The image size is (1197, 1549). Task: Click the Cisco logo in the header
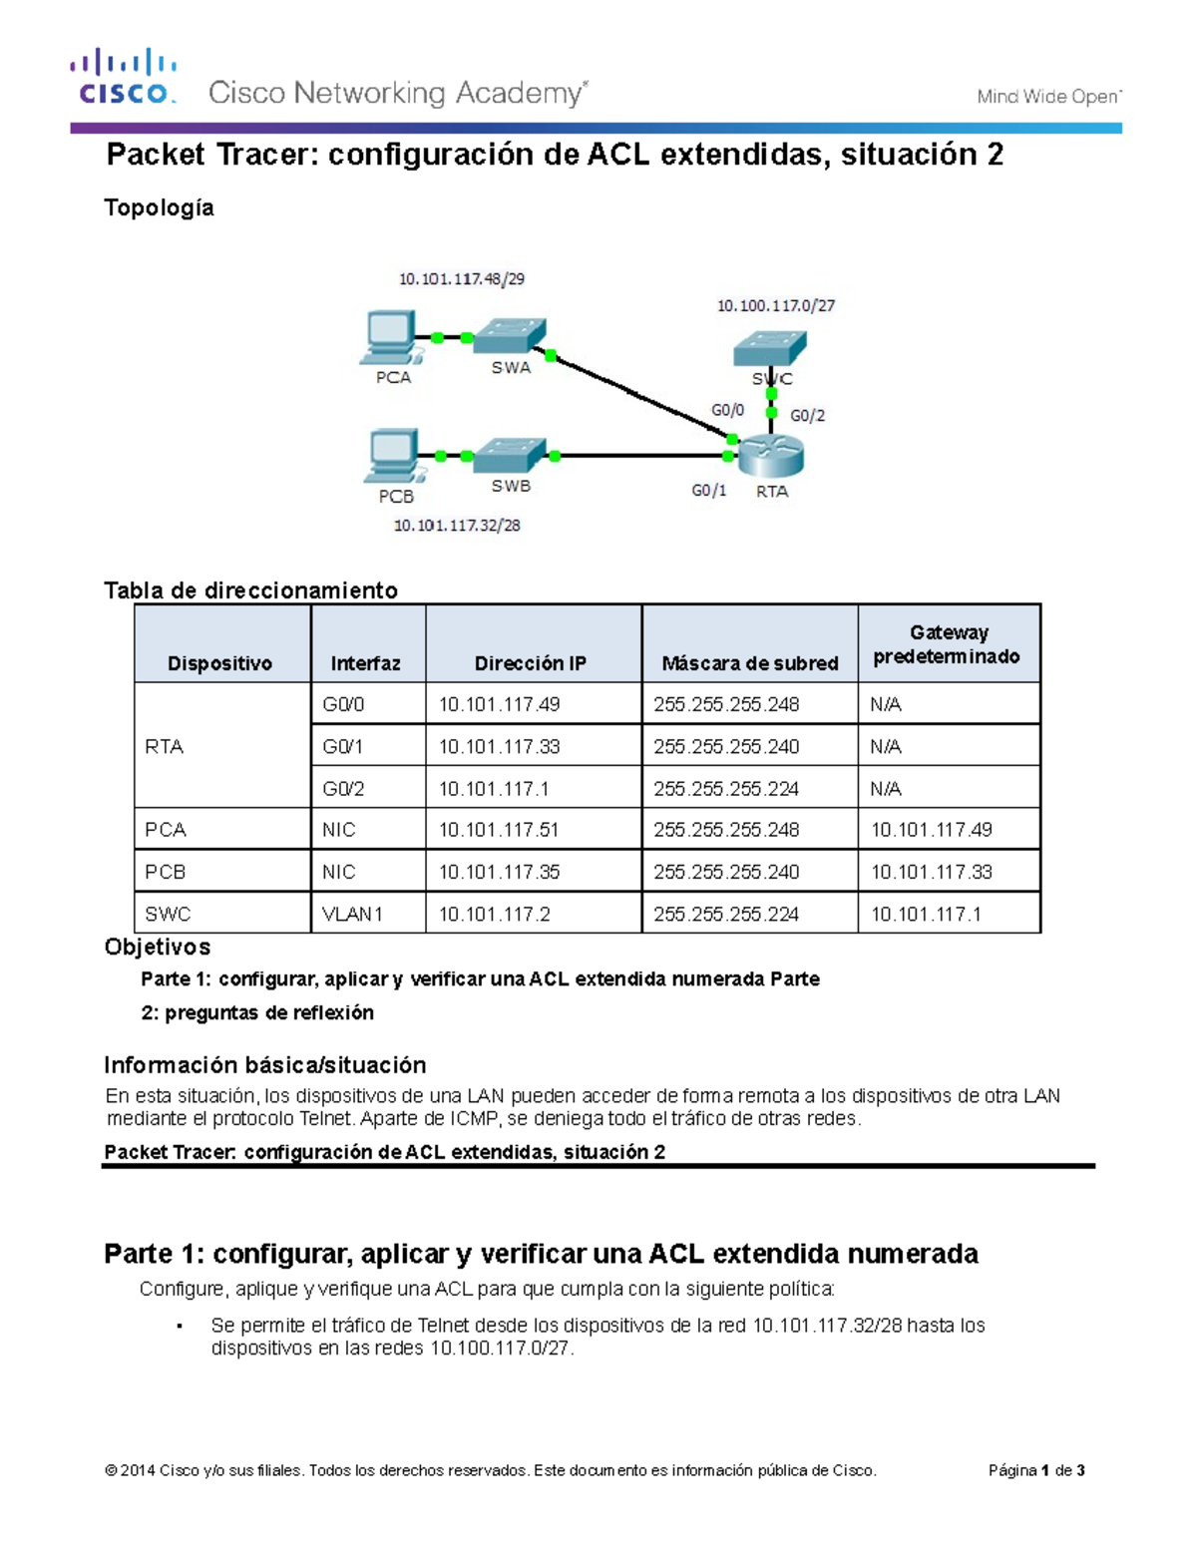(124, 78)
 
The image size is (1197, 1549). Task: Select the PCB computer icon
(391, 456)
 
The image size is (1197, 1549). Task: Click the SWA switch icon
(510, 336)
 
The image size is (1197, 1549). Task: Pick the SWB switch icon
(510, 455)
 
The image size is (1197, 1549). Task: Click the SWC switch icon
(769, 348)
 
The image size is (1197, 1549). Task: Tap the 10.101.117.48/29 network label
(462, 279)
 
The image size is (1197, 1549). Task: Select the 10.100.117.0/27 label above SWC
(776, 305)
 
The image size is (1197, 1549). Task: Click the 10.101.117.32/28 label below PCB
(457, 526)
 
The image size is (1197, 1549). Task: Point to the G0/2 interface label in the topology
(808, 415)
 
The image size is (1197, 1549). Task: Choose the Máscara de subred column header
(749, 663)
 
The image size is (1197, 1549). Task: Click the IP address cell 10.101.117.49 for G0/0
(499, 704)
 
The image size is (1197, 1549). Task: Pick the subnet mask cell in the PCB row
(726, 872)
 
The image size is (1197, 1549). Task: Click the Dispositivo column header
(219, 663)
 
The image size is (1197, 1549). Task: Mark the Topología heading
(159, 207)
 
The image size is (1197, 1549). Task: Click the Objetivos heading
(158, 947)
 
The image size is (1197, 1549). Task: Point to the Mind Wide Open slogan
(1048, 97)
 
